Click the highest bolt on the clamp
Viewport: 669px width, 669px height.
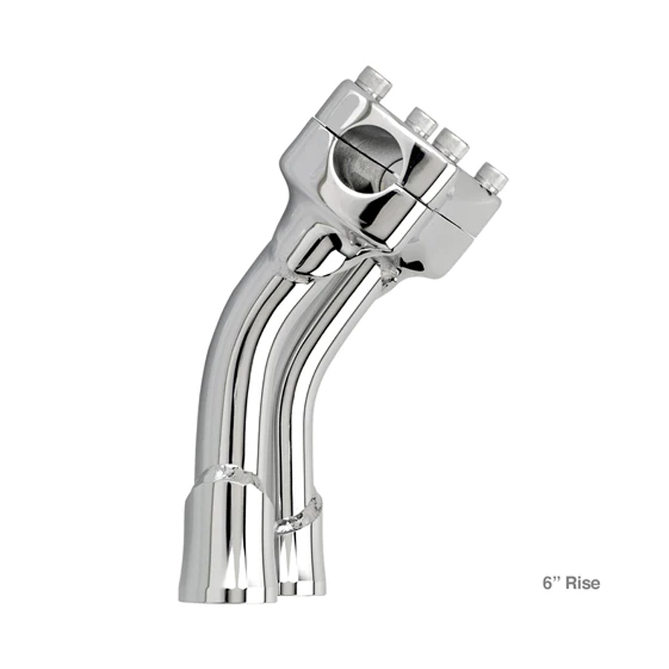[374, 82]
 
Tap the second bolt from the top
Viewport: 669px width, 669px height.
[421, 122]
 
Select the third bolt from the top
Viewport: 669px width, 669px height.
[452, 145]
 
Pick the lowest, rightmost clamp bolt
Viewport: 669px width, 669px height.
[491, 178]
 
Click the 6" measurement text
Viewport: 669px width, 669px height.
[551, 583]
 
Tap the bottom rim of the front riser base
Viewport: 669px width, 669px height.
[228, 595]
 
